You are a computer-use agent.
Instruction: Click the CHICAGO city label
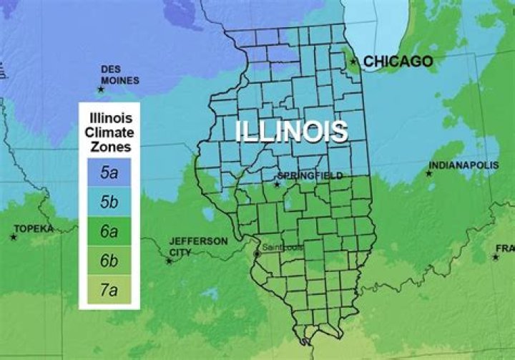point(398,62)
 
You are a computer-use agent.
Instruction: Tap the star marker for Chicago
point(353,62)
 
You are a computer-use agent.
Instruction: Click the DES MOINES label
point(119,75)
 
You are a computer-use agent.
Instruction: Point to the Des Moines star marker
point(101,89)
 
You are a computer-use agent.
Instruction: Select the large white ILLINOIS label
point(292,132)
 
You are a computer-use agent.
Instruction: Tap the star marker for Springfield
point(277,185)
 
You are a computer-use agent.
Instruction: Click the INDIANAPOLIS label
point(463,165)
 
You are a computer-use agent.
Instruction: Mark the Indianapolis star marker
point(430,173)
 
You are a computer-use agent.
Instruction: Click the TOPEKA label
point(33,228)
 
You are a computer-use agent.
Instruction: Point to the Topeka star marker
point(14,236)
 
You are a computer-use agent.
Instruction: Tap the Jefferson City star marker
point(169,261)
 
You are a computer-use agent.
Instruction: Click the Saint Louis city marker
point(257,254)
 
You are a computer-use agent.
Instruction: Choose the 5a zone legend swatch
point(109,172)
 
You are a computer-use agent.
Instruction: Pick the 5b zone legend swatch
point(109,202)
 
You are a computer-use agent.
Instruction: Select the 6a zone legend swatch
point(109,231)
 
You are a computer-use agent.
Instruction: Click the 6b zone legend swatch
point(109,261)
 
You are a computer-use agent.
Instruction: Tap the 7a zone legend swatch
point(109,290)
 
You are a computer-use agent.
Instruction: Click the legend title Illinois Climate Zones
point(109,132)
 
